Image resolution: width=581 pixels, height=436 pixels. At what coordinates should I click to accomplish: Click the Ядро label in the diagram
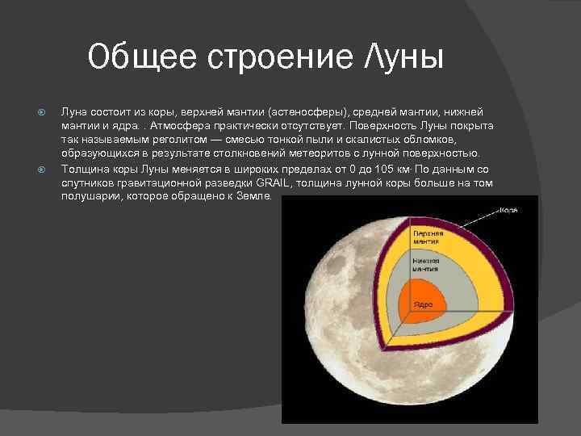click(424, 304)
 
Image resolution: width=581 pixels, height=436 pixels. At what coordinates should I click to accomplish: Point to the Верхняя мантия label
click(427, 237)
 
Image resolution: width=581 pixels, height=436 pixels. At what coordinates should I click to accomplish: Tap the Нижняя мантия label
click(425, 265)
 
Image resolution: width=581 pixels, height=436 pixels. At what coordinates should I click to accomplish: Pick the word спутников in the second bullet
click(86, 183)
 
